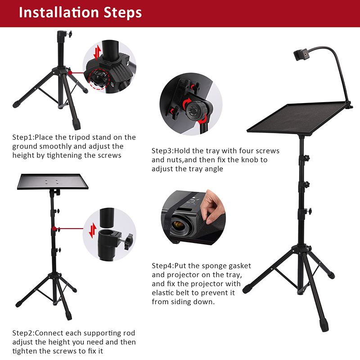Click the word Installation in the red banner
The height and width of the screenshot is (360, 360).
coord(59,13)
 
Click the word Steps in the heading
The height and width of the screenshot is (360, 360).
coord(122,13)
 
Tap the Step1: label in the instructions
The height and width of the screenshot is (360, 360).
coord(23,137)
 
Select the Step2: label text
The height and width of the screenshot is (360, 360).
coord(23,333)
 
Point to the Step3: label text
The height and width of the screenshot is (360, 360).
coord(162,151)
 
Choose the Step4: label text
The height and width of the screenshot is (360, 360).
coord(163,266)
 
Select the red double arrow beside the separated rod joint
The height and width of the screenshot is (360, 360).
coord(93,230)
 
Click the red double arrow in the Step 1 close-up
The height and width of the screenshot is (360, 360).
coord(98,52)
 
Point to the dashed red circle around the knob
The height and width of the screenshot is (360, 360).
coord(99,79)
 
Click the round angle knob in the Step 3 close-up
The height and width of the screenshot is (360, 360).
coord(195,111)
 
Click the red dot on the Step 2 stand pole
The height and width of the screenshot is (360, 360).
coord(54,229)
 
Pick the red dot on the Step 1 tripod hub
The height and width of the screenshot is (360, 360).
coord(70,73)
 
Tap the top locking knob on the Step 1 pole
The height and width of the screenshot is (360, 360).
coord(69,34)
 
